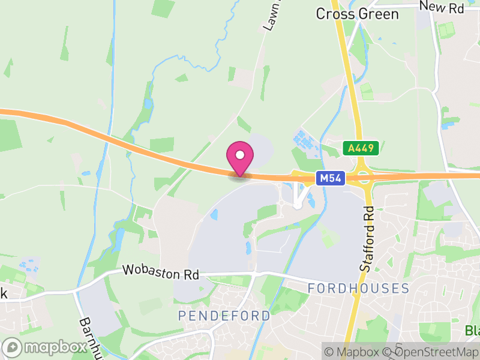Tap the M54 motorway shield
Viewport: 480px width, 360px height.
coord(331,178)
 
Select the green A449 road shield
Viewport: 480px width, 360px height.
coord(361,148)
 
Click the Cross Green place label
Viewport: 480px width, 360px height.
coord(357,14)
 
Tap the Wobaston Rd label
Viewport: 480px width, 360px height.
coord(161,272)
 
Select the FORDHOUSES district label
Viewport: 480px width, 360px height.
coord(358,289)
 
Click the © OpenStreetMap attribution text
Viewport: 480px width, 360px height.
coord(431,352)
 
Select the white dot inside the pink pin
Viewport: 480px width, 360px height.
coord(240,155)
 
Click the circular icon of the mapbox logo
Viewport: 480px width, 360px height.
coord(13,347)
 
